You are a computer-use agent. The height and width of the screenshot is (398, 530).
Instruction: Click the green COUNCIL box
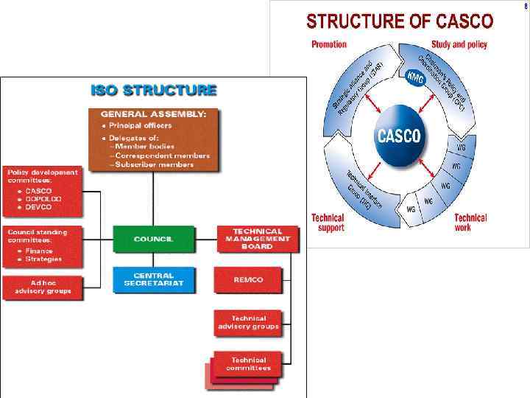tap(154, 239)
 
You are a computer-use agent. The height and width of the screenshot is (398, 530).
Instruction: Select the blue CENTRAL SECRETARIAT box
tap(154, 279)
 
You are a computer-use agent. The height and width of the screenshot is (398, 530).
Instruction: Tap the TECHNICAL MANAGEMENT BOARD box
tap(257, 239)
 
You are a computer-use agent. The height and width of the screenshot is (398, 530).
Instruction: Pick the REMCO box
tap(248, 279)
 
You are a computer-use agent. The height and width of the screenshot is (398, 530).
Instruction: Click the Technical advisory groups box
tap(248, 322)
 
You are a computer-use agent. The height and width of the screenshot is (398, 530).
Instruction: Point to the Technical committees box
tap(248, 363)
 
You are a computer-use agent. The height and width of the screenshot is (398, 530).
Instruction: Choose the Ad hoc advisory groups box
tap(43, 287)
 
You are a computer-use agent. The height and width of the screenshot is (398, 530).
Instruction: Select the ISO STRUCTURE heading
tap(153, 91)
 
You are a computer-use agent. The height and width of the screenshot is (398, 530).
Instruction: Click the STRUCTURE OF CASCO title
tap(400, 21)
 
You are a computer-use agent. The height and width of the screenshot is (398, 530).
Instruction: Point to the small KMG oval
tap(416, 76)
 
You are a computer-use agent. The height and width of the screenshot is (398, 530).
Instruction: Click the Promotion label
tap(328, 44)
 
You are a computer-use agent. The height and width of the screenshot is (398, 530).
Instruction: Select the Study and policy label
tap(459, 44)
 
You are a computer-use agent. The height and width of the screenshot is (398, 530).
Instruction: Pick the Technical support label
tap(328, 223)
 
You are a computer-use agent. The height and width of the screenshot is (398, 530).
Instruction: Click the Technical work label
tap(470, 223)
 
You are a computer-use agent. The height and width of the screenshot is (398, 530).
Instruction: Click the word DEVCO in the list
tap(39, 208)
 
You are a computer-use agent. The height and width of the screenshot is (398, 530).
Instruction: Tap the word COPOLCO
tap(43, 199)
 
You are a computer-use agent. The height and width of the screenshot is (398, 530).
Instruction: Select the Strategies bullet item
tap(44, 259)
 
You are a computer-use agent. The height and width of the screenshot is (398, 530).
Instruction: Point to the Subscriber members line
tap(155, 164)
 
